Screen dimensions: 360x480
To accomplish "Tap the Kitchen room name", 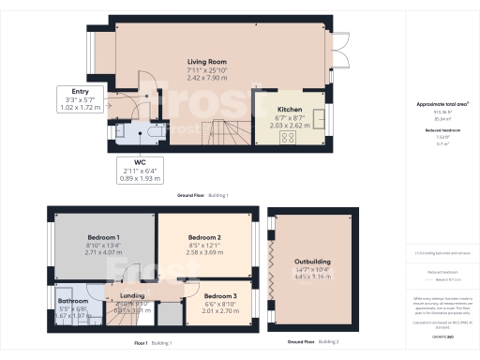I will pyautogui.click(x=263, y=96).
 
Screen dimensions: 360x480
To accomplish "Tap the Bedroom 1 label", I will pyautogui.click(x=103, y=238).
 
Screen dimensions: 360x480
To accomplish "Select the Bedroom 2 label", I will pyautogui.click(x=203, y=238).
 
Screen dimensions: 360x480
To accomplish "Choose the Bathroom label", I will pyautogui.click(x=66, y=302).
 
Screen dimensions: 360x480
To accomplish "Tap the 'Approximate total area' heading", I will pyautogui.click(x=440, y=103).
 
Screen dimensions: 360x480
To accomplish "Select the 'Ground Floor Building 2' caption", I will pyautogui.click(x=313, y=344).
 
